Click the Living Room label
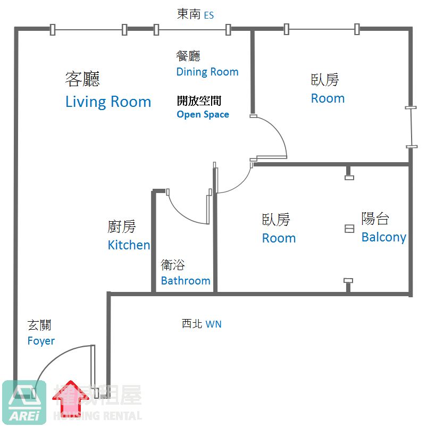pyautogui.click(x=108, y=102)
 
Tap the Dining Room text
pyautogui.click(x=207, y=72)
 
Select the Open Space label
pyautogui.click(x=203, y=114)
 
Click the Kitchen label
pyautogui.click(x=129, y=245)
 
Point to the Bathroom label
pyautogui.click(x=186, y=280)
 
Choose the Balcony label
pyautogui.click(x=383, y=237)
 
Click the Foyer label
pyautogui.click(x=41, y=341)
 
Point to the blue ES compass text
pyautogui.click(x=209, y=15)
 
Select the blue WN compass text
pyautogui.click(x=213, y=324)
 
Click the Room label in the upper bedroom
pyautogui.click(x=328, y=98)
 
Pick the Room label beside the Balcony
pyautogui.click(x=279, y=238)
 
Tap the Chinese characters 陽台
pyautogui.click(x=375, y=218)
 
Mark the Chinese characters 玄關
pyautogui.click(x=39, y=325)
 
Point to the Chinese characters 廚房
pyautogui.click(x=122, y=227)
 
